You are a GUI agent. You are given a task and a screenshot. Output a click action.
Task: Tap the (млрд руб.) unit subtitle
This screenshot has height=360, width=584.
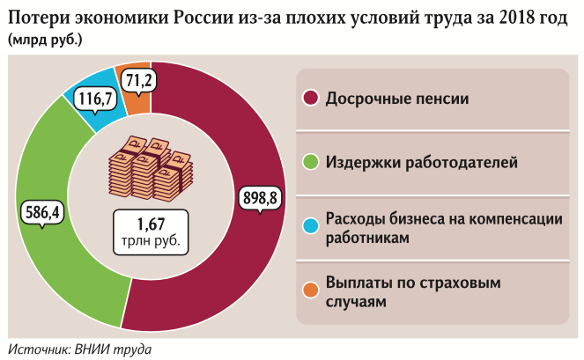[51, 39]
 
